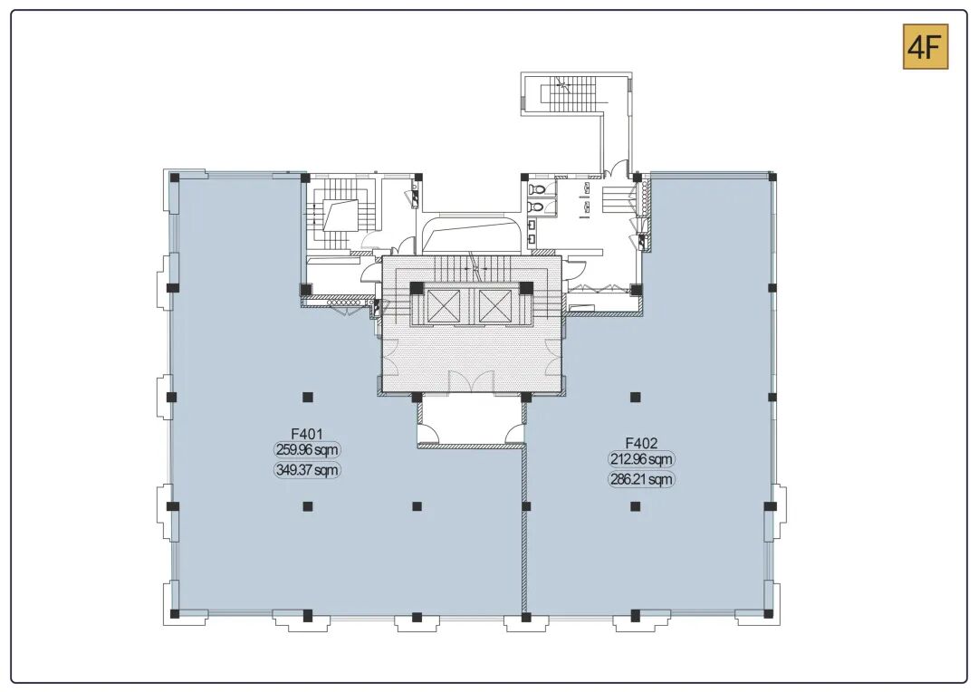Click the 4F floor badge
(x=925, y=47)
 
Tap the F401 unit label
(x=307, y=434)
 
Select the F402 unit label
(x=641, y=443)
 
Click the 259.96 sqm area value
(x=308, y=450)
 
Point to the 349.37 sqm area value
(x=308, y=470)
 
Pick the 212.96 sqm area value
(x=641, y=460)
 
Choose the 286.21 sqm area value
(x=641, y=480)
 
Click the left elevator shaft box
(x=444, y=306)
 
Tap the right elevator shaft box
(x=495, y=306)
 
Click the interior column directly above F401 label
(x=308, y=397)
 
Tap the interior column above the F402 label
(x=635, y=397)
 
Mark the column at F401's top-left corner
(x=175, y=178)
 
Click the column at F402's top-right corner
(x=772, y=178)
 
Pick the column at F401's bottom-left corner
(x=175, y=613)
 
